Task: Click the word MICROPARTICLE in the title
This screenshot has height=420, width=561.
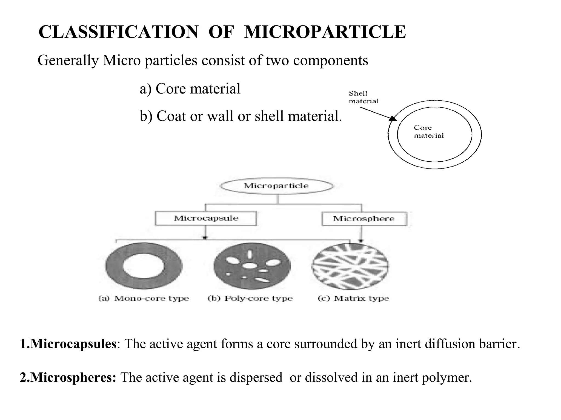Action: click(325, 32)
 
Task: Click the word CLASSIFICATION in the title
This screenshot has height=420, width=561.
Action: click(118, 32)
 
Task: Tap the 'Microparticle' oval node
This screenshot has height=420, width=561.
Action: click(276, 186)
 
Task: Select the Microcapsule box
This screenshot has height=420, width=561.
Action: click(206, 218)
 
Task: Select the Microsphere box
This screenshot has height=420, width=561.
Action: click(364, 219)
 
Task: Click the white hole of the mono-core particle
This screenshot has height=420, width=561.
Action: click(143, 266)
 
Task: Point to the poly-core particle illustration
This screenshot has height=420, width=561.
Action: click(251, 266)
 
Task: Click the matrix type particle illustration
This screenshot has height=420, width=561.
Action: click(350, 266)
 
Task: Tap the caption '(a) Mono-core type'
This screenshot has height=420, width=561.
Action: click(144, 298)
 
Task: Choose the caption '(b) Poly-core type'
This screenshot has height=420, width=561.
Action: click(250, 298)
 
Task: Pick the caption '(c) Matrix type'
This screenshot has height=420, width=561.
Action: click(353, 298)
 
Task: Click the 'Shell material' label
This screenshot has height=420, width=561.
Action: click(363, 97)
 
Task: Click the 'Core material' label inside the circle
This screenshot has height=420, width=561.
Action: click(428, 132)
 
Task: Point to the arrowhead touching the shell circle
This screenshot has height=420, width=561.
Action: click(393, 118)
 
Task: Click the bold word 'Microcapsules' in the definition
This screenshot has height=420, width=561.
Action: click(73, 344)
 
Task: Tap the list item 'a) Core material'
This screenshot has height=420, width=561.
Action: click(190, 89)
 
